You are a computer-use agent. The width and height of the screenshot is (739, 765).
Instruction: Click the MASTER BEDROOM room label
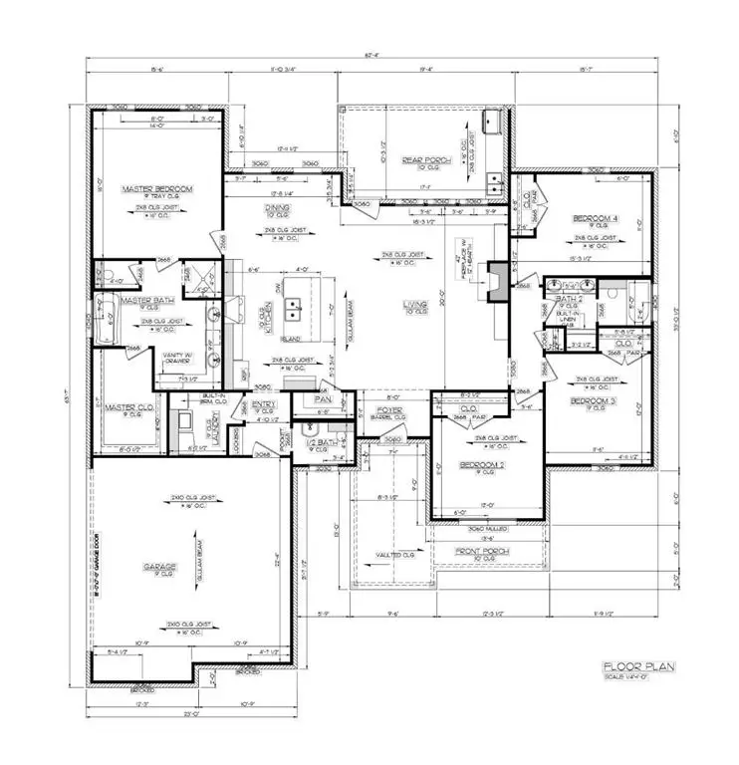(156, 188)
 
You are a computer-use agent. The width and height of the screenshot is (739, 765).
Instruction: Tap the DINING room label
(278, 208)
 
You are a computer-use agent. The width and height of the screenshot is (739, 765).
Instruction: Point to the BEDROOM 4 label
(595, 218)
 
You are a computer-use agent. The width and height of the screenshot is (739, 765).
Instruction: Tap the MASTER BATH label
(148, 299)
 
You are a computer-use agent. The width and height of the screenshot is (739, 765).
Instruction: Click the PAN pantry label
(322, 397)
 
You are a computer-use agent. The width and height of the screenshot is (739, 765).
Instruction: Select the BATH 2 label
(569, 298)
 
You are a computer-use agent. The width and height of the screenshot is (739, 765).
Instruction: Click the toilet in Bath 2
(615, 294)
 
